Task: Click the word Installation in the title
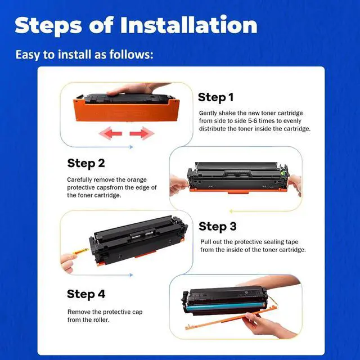pyautogui.click(x=188, y=25)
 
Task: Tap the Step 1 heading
pyautogui.click(x=215, y=97)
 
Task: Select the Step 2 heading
pyautogui.click(x=86, y=163)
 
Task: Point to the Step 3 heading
pyautogui.click(x=218, y=227)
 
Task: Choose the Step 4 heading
pyautogui.click(x=86, y=294)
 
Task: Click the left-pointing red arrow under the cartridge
pyautogui.click(x=110, y=133)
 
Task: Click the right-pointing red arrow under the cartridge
pyautogui.click(x=142, y=133)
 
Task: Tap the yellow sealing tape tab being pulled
pyautogui.click(x=81, y=251)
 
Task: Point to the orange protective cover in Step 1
pyautogui.click(x=126, y=111)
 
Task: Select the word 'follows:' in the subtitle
pyautogui.click(x=131, y=55)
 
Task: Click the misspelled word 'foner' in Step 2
pyautogui.click(x=85, y=195)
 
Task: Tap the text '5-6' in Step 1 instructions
pyautogui.click(x=253, y=121)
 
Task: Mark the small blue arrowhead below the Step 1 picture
pyautogui.click(x=131, y=147)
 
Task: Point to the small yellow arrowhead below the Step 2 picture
pyautogui.click(x=231, y=211)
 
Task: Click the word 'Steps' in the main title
pyautogui.click(x=48, y=25)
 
